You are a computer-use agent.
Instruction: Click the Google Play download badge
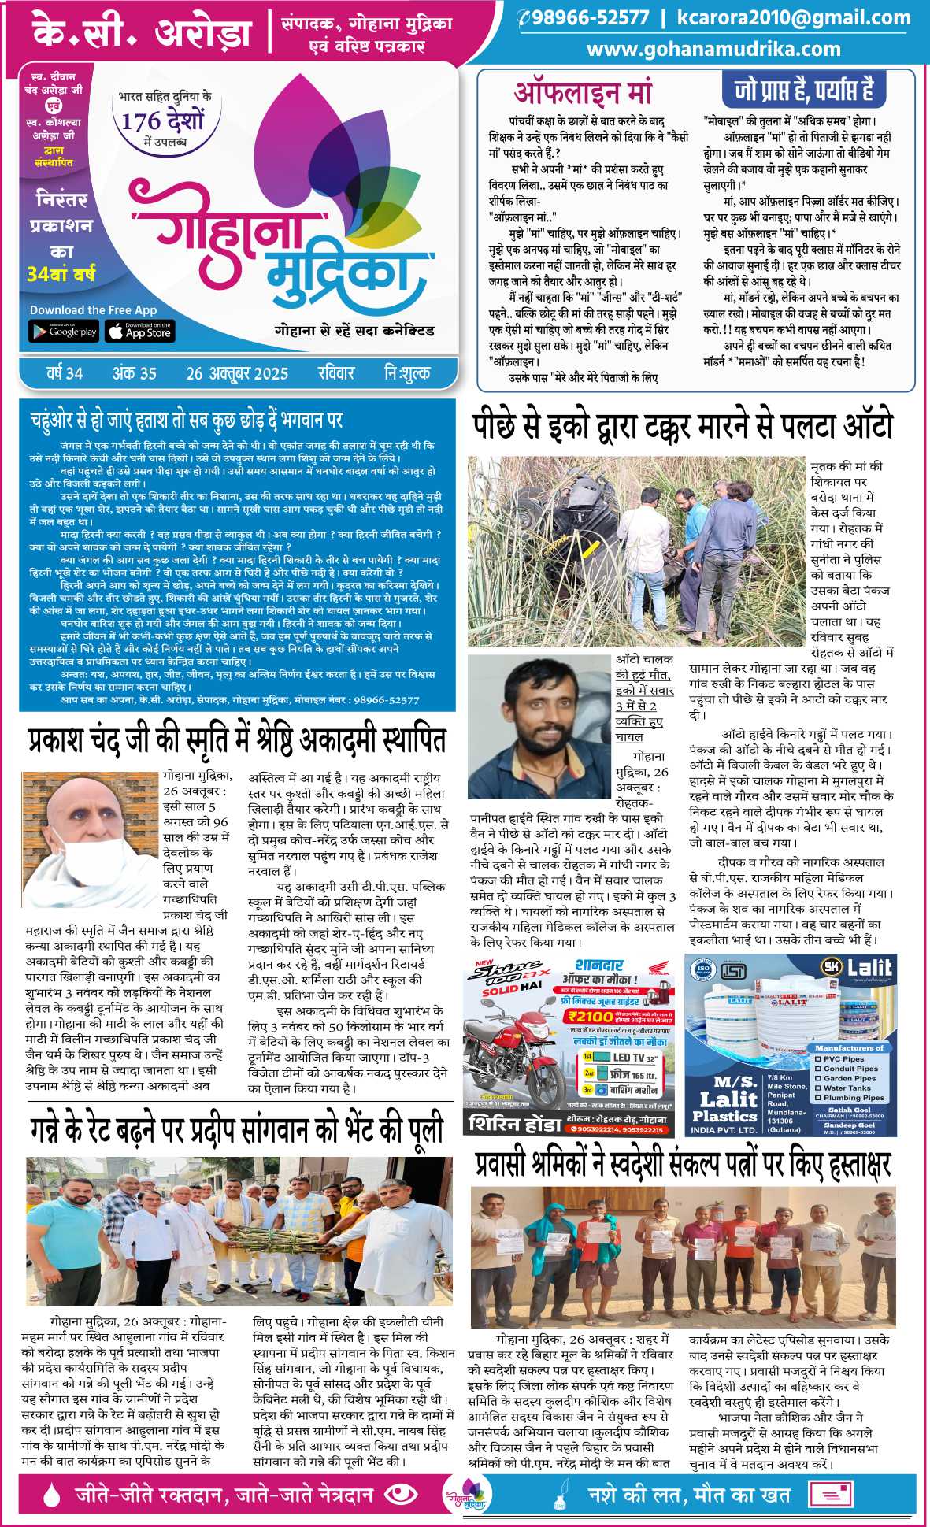[x=63, y=332]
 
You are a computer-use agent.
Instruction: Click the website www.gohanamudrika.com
[x=713, y=49]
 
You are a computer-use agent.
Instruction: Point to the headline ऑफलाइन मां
[x=583, y=93]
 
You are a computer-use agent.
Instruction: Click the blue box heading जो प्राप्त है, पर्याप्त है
[x=803, y=90]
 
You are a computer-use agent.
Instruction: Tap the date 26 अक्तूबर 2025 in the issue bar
[x=237, y=373]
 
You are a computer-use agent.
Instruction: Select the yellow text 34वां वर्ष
[x=61, y=274]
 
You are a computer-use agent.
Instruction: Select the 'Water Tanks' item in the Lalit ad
[x=847, y=1088]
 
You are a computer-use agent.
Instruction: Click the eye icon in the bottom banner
[x=402, y=1493]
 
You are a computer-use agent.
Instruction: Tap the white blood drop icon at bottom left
[x=52, y=1493]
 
